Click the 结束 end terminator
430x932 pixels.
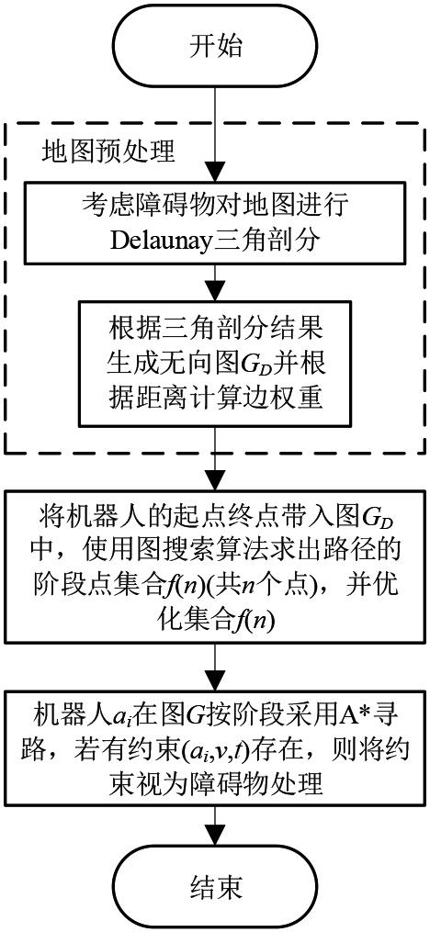click(x=215, y=887)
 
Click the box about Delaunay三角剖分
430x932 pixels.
click(x=215, y=223)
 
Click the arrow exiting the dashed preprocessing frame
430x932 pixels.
click(x=215, y=466)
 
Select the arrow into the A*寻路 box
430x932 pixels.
click(x=215, y=667)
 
